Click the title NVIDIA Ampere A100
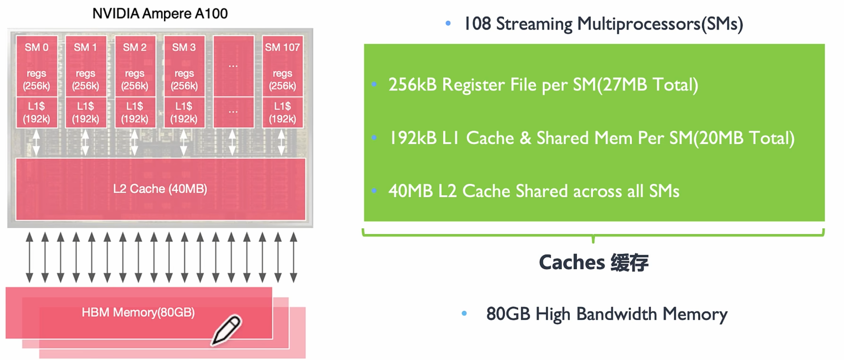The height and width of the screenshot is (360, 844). point(160,14)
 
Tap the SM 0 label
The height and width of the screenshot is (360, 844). point(36,47)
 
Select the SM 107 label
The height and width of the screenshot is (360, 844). point(282,47)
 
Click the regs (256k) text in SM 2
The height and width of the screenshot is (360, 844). point(134,80)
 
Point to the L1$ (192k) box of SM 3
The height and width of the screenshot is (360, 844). point(184,112)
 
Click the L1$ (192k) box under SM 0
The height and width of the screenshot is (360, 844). point(36,112)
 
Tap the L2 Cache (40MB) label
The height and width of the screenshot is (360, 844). point(160,189)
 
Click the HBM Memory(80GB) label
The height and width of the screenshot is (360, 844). point(138,312)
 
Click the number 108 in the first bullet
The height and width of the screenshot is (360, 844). point(477,24)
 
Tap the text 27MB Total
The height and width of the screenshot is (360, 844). point(647,85)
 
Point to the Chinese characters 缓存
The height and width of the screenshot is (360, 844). point(629,263)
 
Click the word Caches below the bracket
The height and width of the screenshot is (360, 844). point(571,263)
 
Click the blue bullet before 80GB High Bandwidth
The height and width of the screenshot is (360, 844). point(464,313)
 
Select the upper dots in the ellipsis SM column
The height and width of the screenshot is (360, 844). point(233,66)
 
